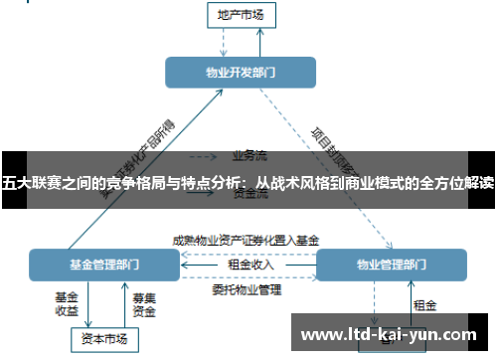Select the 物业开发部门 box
coord(240,72)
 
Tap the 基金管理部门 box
coord(104,266)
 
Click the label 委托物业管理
coord(247,290)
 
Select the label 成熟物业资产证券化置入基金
coord(246,240)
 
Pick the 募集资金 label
coord(143,303)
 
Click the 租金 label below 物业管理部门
coord(424,304)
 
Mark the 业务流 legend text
coord(249,155)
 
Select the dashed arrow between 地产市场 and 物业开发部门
coord(225,41)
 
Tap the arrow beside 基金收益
coord(87,303)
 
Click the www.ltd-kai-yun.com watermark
coord(387,333)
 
